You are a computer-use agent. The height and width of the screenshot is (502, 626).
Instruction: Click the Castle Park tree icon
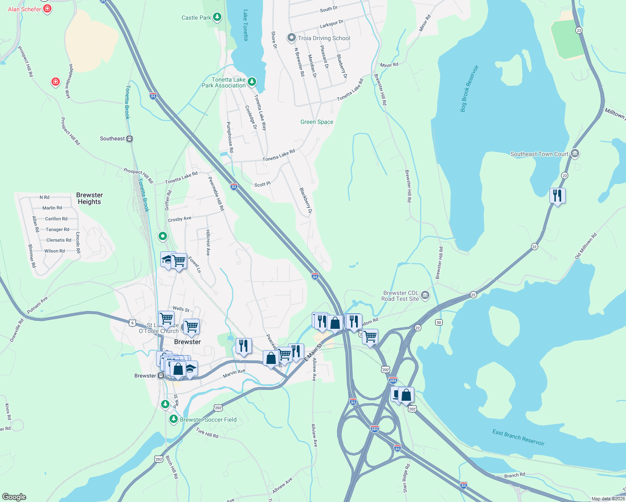[217, 17]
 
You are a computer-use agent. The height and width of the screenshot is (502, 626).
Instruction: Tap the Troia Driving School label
[324, 38]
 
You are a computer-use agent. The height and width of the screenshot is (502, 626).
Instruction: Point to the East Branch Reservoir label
[518, 438]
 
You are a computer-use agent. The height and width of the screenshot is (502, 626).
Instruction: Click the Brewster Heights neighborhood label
[89, 198]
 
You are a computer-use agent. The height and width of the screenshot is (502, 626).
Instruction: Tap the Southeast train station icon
[130, 138]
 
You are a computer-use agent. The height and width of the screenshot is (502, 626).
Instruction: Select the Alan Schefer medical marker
[47, 8]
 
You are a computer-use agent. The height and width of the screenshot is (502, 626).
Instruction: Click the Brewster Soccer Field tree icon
[173, 419]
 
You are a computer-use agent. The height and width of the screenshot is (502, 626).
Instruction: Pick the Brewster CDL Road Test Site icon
[425, 295]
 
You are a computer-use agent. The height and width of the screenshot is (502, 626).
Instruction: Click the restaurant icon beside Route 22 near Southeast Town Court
[557, 195]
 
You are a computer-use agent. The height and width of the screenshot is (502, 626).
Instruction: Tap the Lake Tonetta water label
[246, 25]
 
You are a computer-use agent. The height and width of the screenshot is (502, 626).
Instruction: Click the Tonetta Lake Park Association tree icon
[251, 81]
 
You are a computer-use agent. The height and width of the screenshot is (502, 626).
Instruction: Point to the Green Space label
[317, 122]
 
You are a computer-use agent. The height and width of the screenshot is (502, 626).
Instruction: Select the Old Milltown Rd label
[586, 246]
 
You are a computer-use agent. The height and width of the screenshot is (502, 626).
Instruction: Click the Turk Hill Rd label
[207, 433]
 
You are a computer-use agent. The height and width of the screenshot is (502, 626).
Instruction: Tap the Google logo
[14, 497]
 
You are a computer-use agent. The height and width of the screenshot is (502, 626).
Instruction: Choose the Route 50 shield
[439, 322]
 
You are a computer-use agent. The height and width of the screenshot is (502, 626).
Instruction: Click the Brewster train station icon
[161, 376]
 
